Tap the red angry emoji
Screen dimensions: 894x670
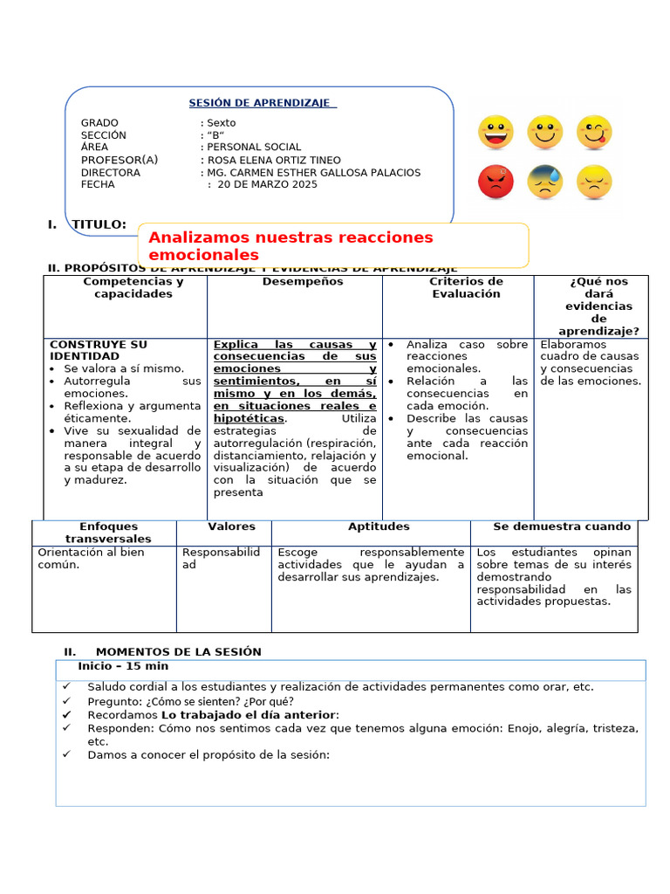click(496, 182)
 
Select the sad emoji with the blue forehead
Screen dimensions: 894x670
click(545, 182)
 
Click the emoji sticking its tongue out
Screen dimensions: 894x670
click(594, 133)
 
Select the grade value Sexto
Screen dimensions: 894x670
click(221, 123)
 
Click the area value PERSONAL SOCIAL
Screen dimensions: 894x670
click(253, 148)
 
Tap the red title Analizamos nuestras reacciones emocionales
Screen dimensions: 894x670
click(291, 246)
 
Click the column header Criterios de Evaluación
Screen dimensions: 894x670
click(466, 288)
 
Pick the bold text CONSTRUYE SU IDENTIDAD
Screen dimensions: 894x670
click(99, 350)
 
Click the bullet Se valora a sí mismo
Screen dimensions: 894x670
click(123, 368)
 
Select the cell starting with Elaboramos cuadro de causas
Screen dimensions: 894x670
click(590, 362)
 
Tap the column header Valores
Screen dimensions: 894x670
click(231, 526)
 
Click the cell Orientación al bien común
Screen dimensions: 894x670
click(91, 558)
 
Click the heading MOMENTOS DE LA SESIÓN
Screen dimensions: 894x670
click(178, 651)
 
